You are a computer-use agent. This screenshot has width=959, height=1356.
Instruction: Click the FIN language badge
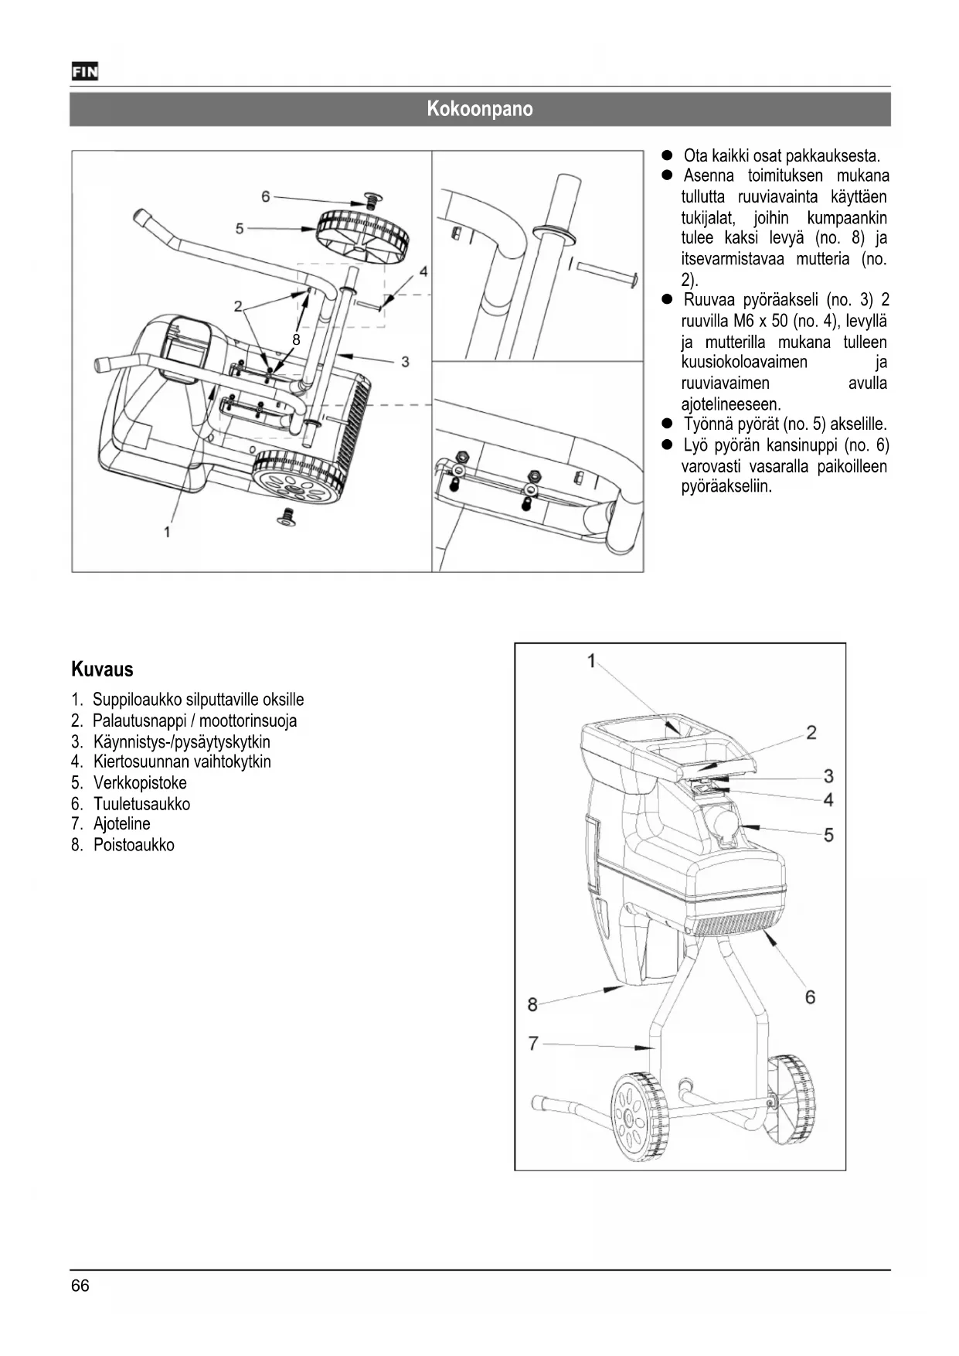[84, 72]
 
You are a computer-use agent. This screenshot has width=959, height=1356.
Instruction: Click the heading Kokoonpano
[479, 109]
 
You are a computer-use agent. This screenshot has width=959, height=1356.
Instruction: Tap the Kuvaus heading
[102, 669]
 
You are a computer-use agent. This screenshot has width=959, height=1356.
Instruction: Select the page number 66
[80, 1286]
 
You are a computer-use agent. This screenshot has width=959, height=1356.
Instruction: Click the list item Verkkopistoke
[140, 782]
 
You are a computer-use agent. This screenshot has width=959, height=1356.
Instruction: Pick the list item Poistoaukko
[134, 845]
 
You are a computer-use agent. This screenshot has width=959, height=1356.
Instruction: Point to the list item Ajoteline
[121, 824]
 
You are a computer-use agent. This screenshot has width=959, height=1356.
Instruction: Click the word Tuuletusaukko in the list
[141, 804]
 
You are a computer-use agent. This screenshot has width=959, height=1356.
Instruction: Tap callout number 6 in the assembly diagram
[266, 196]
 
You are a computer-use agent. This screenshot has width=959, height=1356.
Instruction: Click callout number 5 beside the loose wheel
[240, 228]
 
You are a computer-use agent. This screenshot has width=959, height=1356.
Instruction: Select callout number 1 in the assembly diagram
[167, 531]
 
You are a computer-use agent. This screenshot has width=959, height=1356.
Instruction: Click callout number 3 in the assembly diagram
[405, 361]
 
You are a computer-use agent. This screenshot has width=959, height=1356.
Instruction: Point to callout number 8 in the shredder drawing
[532, 1004]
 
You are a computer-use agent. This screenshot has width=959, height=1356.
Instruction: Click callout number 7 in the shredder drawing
[532, 1044]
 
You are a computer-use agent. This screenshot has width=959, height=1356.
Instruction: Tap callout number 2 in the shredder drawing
[811, 732]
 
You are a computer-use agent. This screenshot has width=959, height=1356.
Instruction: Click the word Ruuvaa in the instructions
[709, 300]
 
